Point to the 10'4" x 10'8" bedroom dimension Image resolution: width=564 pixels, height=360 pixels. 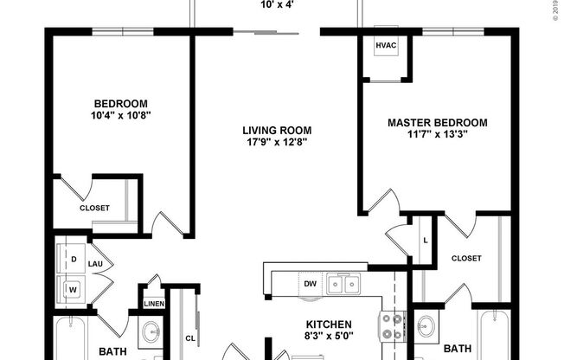121,114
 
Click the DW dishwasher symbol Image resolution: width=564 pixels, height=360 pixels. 309,282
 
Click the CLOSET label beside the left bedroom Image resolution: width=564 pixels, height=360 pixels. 94,208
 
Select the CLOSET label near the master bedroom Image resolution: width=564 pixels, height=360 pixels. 466,258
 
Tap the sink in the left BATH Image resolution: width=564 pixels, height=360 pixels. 150,330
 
